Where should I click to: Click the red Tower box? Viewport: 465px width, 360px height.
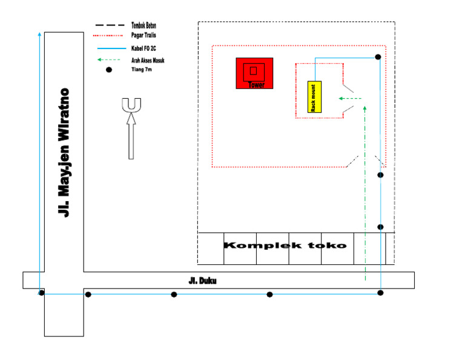254,73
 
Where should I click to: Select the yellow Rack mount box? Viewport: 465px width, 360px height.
314,96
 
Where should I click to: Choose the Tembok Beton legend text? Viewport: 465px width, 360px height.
148,25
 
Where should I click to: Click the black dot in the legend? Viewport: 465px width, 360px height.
109,70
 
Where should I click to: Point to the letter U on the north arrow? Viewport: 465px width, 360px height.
131,105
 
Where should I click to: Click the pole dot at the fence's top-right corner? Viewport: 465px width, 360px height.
378,57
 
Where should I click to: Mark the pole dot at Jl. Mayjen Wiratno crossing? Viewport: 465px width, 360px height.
42,293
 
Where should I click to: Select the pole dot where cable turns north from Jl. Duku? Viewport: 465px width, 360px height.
380,293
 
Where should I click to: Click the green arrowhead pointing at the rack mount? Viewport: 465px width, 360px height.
341,98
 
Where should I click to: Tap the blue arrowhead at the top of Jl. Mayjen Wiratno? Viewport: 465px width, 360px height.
40,31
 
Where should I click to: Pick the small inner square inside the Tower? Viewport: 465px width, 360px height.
253,70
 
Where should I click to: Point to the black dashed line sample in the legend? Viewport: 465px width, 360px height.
108,25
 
